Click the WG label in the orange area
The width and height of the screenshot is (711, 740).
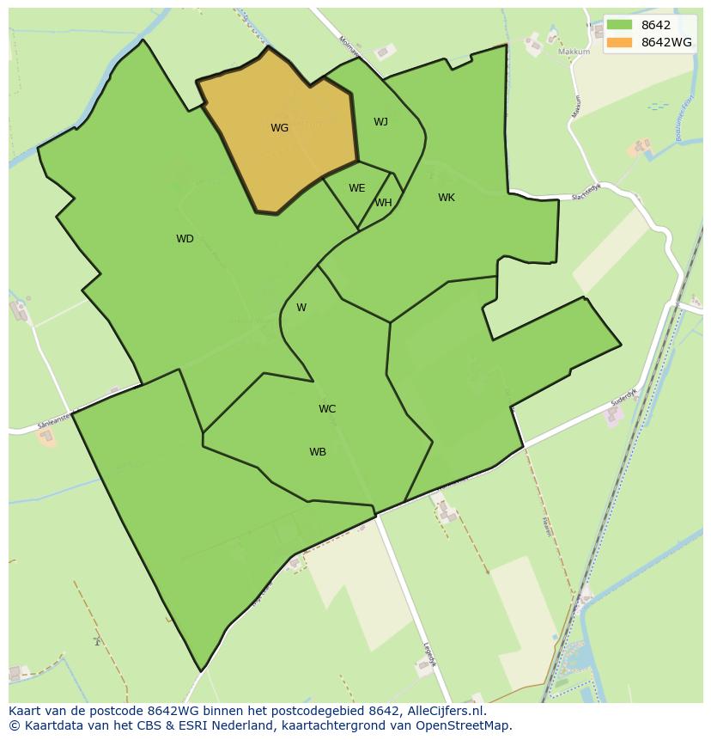[279, 128]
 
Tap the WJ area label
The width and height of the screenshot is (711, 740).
[380, 122]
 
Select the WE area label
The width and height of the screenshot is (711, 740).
[356, 188]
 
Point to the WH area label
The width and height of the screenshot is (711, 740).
[383, 203]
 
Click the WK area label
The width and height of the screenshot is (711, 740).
[446, 198]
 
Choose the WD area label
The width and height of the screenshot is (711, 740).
[185, 239]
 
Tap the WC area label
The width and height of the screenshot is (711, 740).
[327, 409]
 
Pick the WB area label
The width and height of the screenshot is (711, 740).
[318, 452]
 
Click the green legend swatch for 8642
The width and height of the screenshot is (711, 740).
[618, 25]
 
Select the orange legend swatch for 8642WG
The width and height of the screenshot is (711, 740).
[618, 42]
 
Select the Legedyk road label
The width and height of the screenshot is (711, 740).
[428, 657]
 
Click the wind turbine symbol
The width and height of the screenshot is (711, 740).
[98, 640]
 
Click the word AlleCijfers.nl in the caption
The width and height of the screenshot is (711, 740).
[446, 711]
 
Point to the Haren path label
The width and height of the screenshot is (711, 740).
[547, 526]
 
